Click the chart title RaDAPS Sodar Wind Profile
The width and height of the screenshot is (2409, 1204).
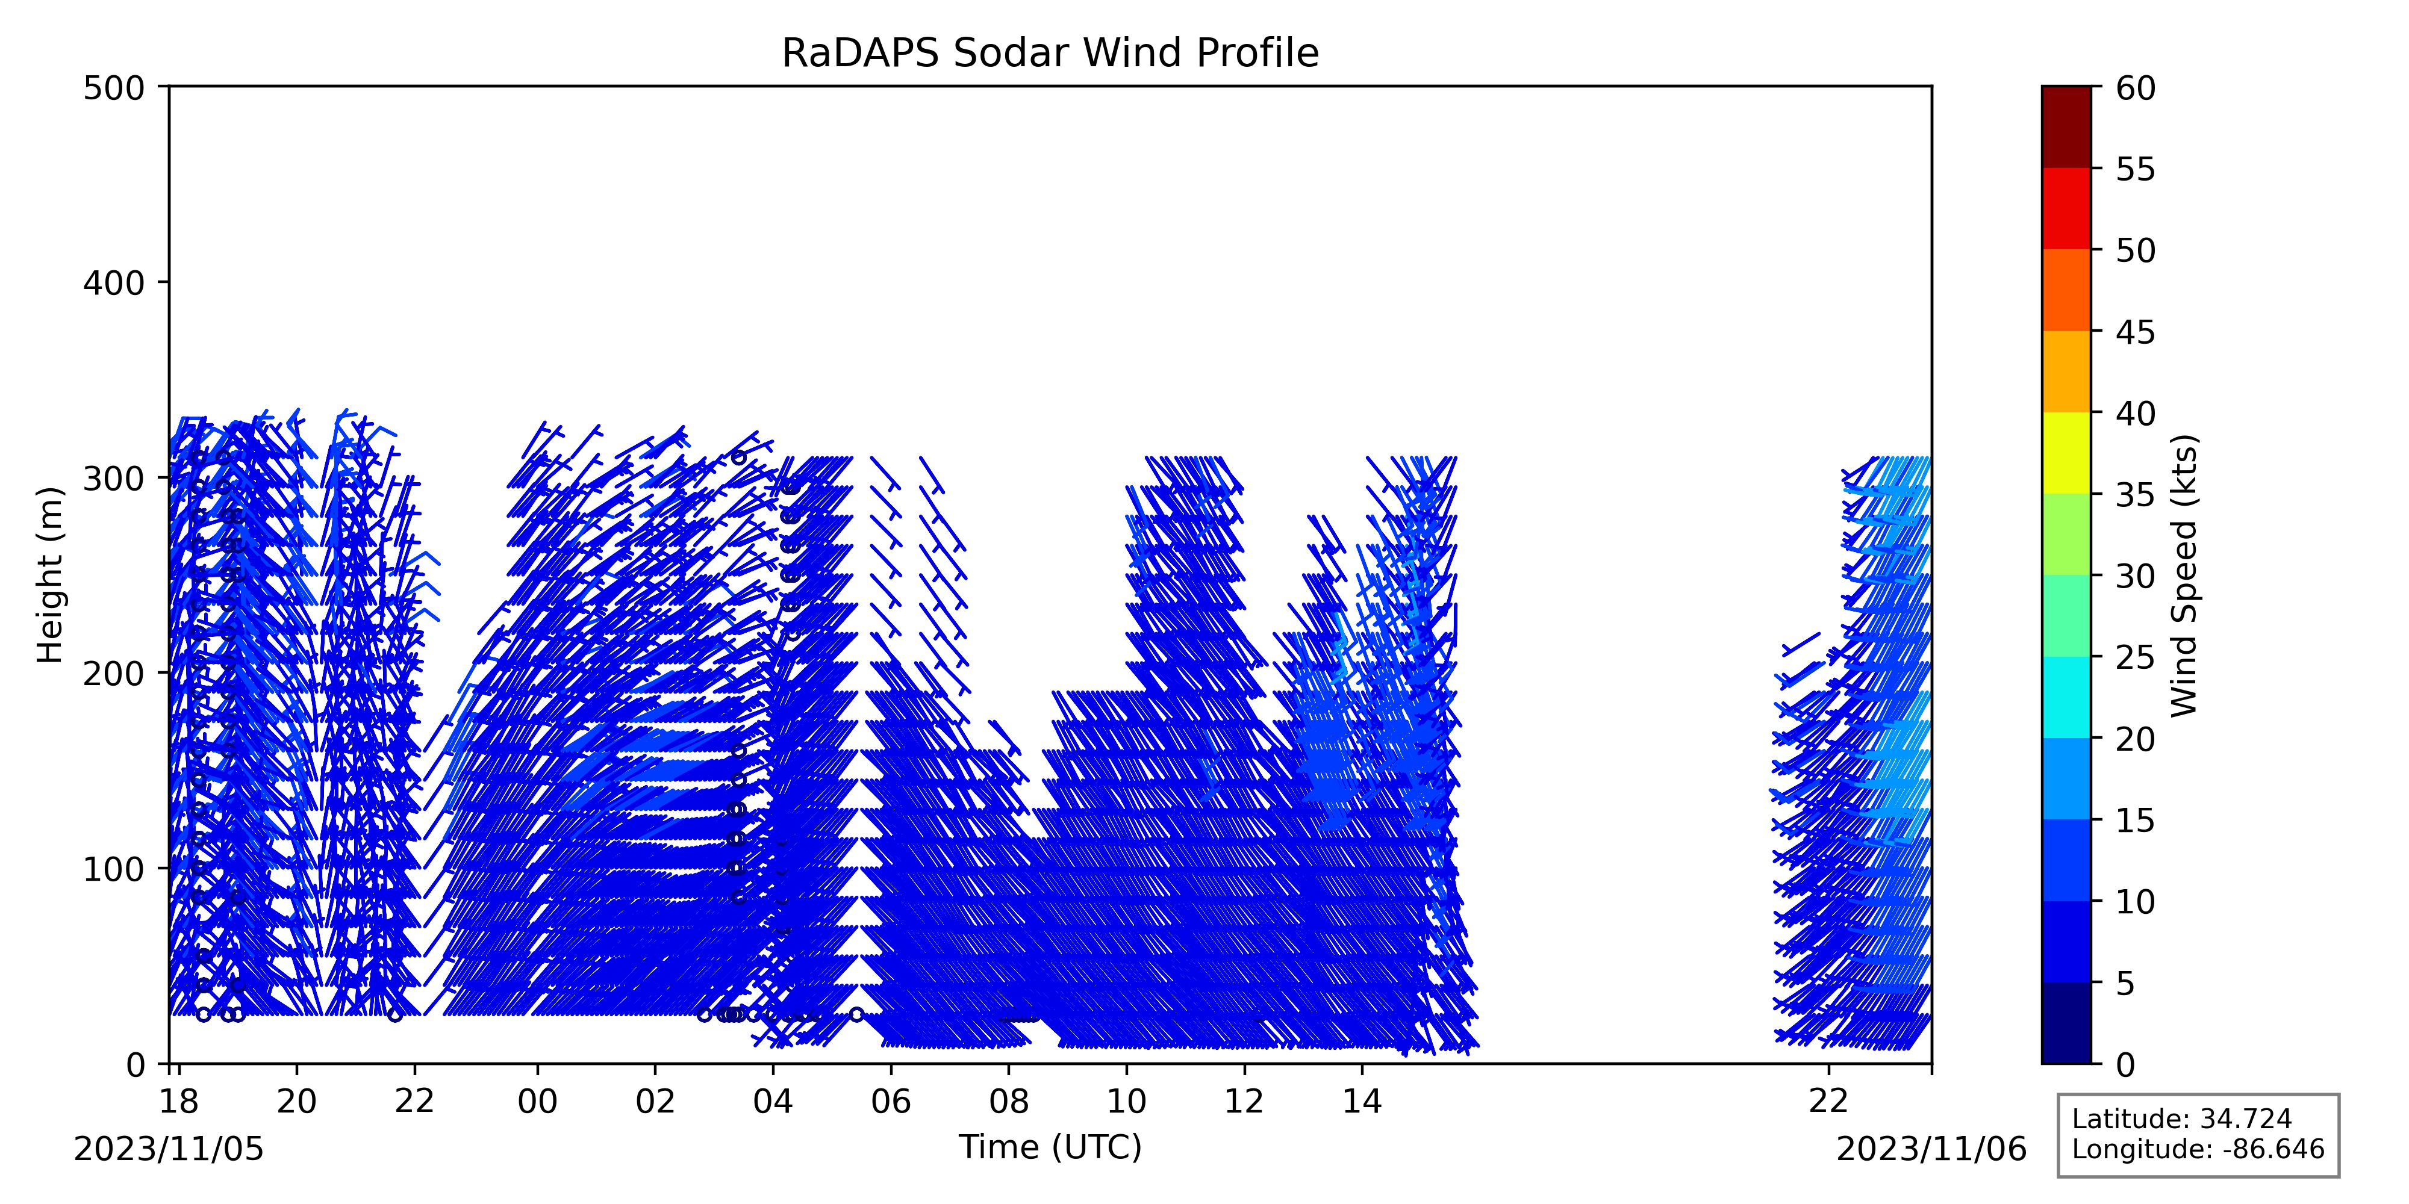pos(1050,54)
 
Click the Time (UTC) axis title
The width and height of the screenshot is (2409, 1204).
pos(1050,1147)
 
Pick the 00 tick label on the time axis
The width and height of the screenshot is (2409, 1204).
pos(538,1102)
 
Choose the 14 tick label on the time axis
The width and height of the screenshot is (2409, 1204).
pos(1362,1102)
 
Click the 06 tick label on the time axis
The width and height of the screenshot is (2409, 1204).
pos(891,1102)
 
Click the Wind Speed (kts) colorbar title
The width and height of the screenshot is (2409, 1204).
pos(2184,575)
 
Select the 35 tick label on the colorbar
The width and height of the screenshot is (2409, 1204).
pos(2136,494)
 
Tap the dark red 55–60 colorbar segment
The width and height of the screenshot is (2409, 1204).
pos(2066,127)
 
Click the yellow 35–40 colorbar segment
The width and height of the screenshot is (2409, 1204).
pos(2066,453)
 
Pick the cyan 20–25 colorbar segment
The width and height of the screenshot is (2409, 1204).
pos(2066,697)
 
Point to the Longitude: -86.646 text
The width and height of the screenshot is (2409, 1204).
pos(2198,1150)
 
